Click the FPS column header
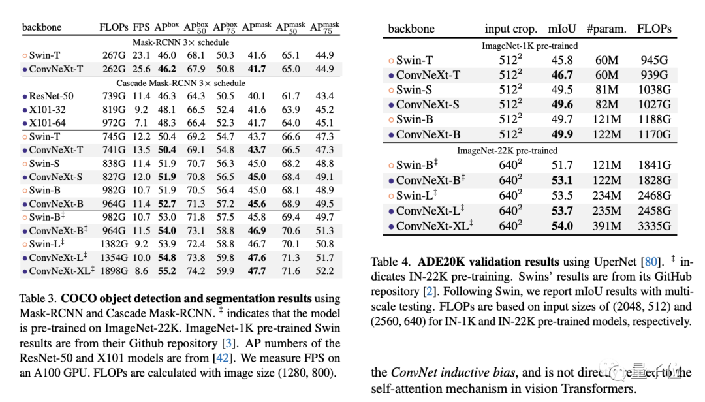pyautogui.click(x=142, y=27)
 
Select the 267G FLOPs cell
pyautogui.click(x=114, y=55)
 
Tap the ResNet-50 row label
pyautogui.click(x=51, y=96)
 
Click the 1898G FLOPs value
pyautogui.click(x=115, y=271)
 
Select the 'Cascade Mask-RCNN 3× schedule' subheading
pyautogui.click(x=181, y=83)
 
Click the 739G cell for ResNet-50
pyautogui.click(x=114, y=96)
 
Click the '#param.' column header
pyautogui.click(x=606, y=29)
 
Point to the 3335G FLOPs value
pyautogui.click(x=653, y=226)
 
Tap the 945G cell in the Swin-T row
pyautogui.click(x=653, y=60)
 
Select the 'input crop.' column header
pyautogui.click(x=510, y=29)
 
